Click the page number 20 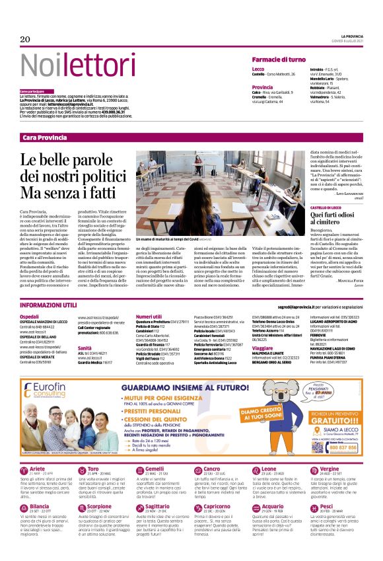26,39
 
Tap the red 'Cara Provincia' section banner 45,137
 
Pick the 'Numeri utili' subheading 149,317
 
